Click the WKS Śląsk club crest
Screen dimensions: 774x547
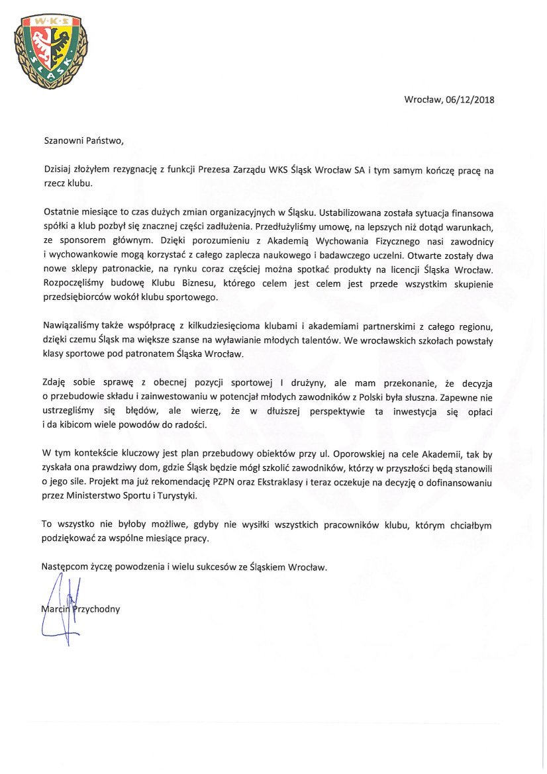51,50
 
